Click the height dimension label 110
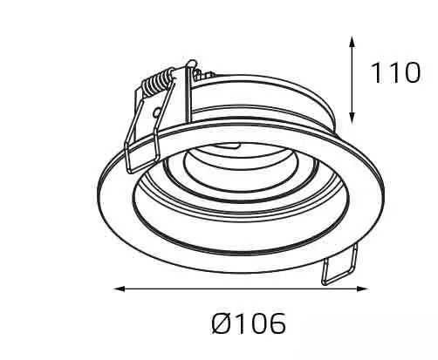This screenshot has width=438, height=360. pos(395,72)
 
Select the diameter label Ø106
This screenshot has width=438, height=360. pos(249,323)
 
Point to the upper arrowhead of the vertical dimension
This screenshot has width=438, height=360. pos(352,42)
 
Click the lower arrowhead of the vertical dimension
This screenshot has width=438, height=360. pos(352,118)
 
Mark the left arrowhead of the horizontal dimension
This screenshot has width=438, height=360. pos(120,289)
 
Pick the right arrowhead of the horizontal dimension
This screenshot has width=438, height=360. pos(362,289)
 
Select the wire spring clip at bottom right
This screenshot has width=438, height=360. pos(339,265)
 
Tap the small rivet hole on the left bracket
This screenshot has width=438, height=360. pos(157,112)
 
